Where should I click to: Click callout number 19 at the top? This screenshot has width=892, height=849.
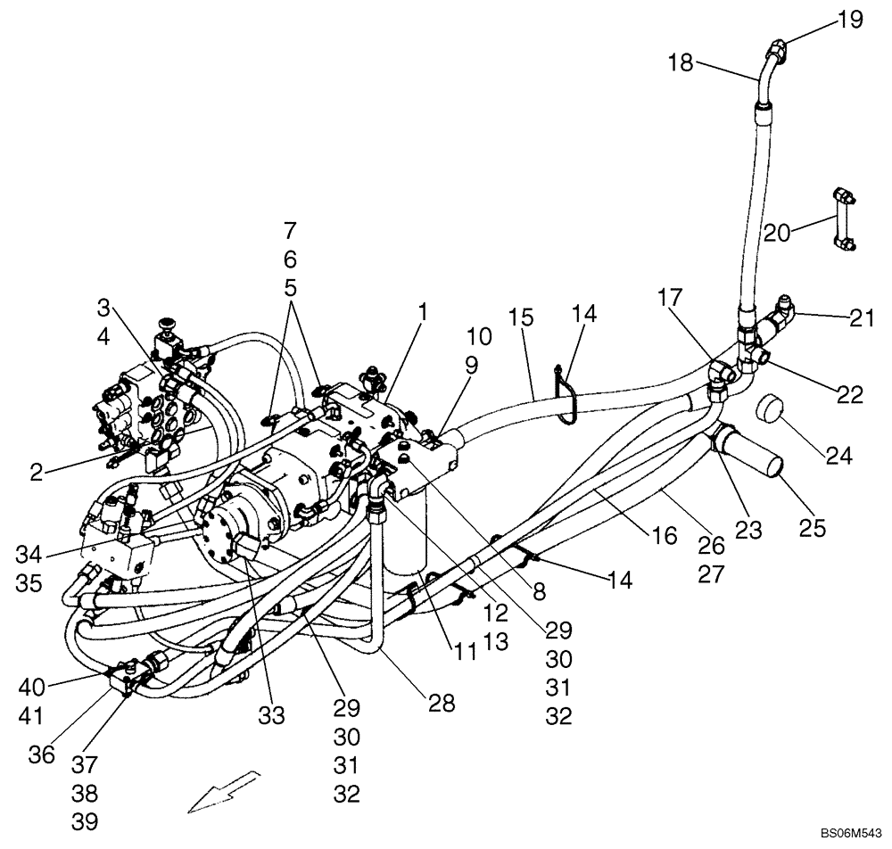(850, 18)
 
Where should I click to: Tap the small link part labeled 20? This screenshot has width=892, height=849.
(841, 219)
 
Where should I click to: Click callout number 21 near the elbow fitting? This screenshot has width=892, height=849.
(863, 318)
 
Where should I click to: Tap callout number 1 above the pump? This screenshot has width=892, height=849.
(423, 313)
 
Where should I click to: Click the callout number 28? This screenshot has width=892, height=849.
(442, 704)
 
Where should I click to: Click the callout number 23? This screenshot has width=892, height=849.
(748, 531)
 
